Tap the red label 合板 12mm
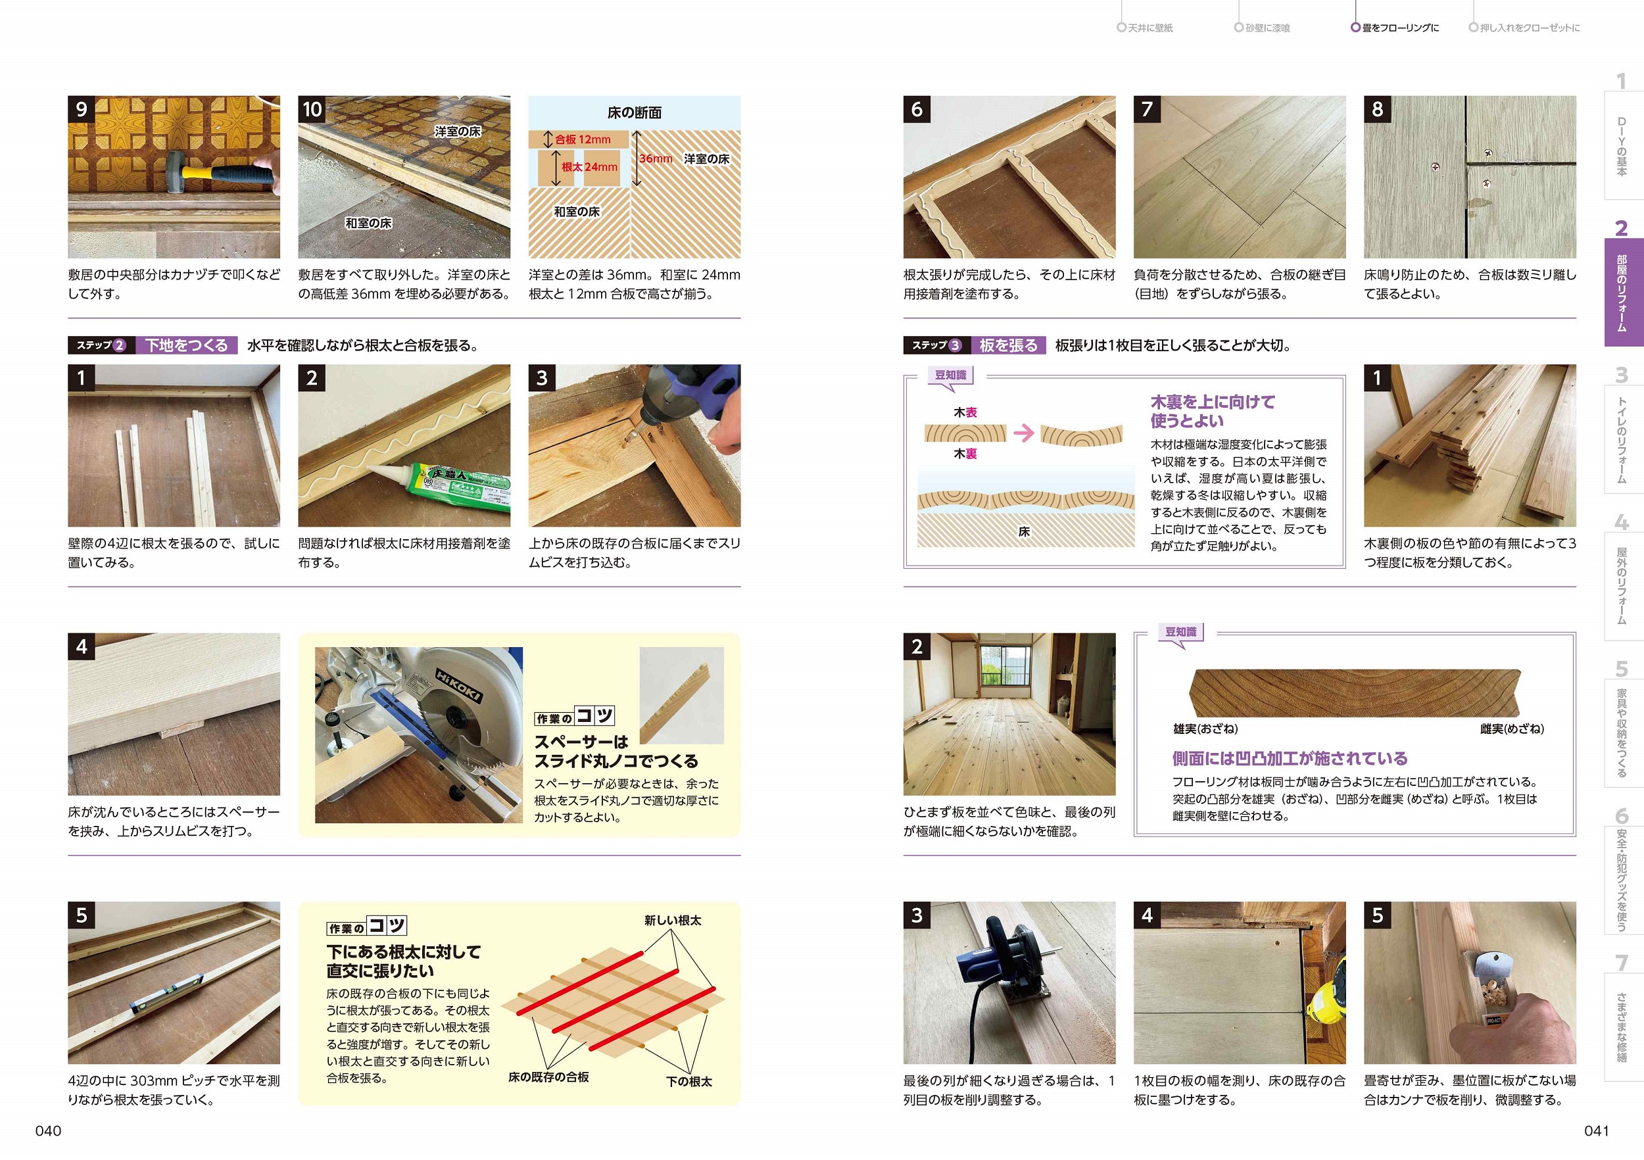[x=583, y=139]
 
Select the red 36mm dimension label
[x=656, y=158]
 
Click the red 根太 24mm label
[x=589, y=167]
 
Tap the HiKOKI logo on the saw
[x=459, y=685]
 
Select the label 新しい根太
[x=672, y=920]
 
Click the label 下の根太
[x=689, y=1081]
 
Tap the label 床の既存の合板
[x=548, y=1077]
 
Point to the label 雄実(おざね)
[x=1205, y=729]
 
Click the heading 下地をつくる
[x=187, y=345]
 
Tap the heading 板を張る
[x=1008, y=345]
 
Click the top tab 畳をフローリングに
[x=1400, y=28]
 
